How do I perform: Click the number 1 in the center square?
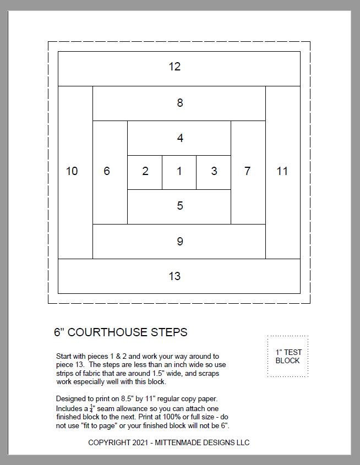tap(179, 171)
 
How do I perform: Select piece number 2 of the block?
tap(145, 171)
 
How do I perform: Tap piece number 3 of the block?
tap(214, 171)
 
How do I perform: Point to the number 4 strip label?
tap(179, 138)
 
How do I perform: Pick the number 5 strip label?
tap(179, 206)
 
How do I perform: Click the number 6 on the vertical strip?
tap(106, 171)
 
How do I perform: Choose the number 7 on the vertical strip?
tap(247, 171)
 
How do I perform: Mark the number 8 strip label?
tap(179, 103)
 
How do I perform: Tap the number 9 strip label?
tap(179, 241)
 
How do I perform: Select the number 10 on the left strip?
tap(72, 171)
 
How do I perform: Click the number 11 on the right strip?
tap(282, 171)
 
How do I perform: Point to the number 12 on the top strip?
tap(174, 67)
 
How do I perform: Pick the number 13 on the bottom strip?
tap(174, 276)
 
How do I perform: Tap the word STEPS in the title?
tap(171, 332)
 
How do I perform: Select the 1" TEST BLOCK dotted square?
tap(287, 356)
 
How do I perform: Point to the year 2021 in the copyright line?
tap(138, 442)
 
